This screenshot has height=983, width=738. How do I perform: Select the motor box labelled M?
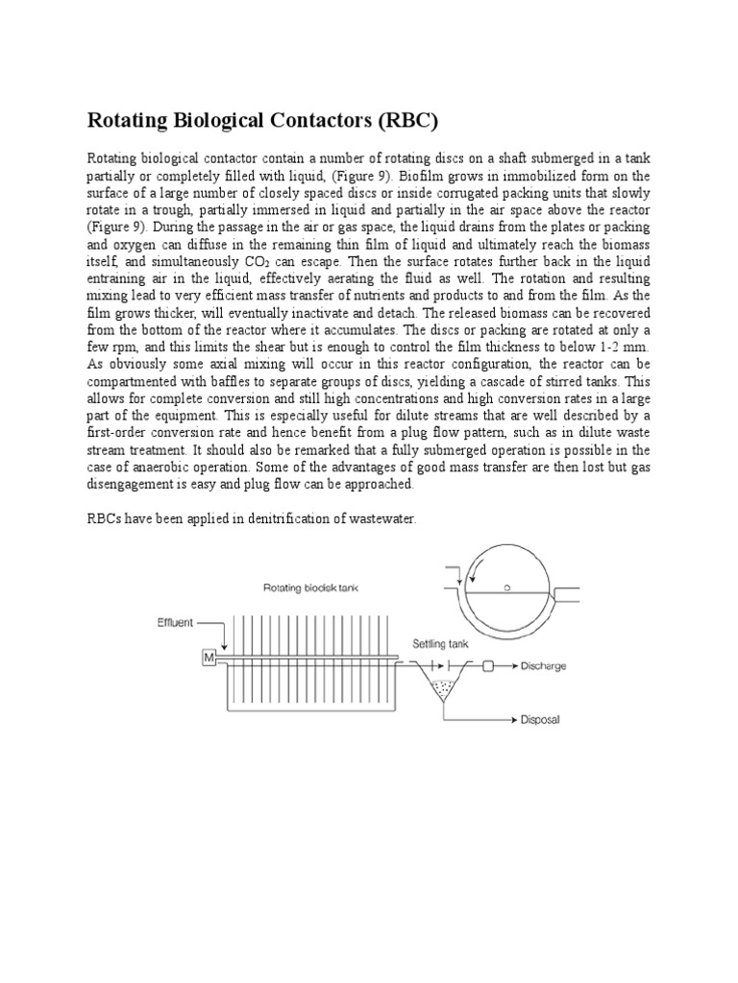208,658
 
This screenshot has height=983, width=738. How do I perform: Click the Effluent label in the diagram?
175,622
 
